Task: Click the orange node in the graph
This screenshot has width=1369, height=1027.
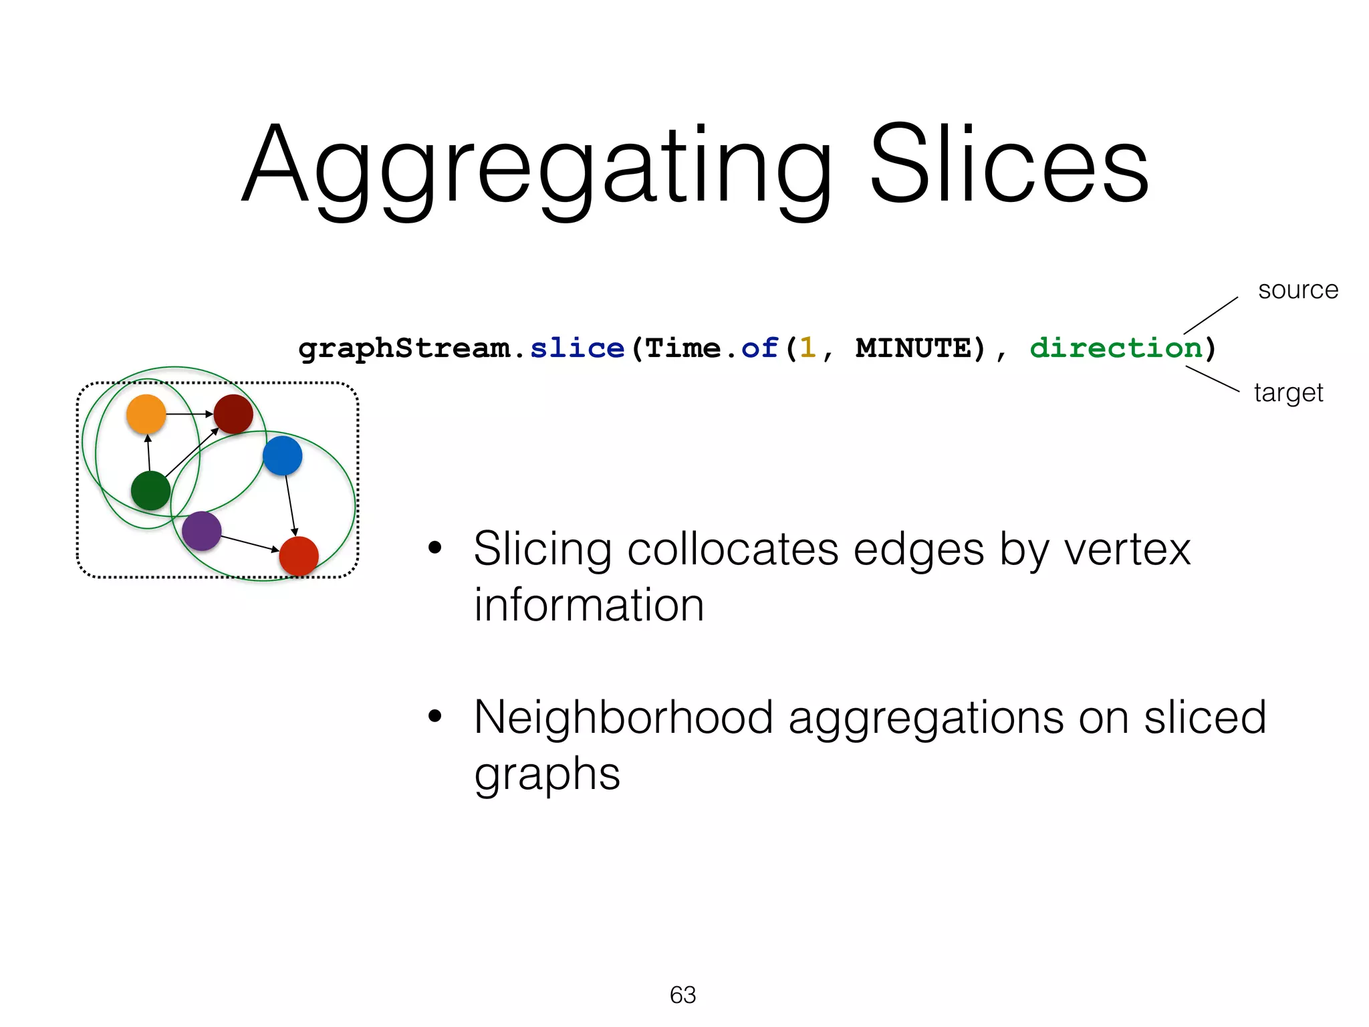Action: (x=146, y=414)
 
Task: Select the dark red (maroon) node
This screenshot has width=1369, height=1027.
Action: (x=233, y=414)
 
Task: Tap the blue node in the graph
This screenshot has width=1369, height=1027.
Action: (x=283, y=455)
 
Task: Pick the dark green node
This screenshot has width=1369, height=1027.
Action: (x=150, y=490)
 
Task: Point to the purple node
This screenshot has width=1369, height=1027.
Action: (x=201, y=531)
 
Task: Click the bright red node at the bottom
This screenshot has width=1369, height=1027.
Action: (x=299, y=556)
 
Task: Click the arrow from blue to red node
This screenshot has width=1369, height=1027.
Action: (x=290, y=505)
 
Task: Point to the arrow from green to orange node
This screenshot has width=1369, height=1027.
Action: (x=148, y=453)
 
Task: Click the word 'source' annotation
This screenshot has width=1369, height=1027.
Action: (x=1298, y=290)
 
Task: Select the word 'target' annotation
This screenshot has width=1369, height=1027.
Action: (x=1288, y=393)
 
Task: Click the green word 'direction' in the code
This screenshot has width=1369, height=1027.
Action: (x=1116, y=348)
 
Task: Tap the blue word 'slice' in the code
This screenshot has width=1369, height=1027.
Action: (x=577, y=348)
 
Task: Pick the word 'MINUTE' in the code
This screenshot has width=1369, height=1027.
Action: (x=913, y=348)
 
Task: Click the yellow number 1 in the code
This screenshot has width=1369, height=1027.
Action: (x=807, y=348)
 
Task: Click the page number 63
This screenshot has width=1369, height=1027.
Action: (x=682, y=995)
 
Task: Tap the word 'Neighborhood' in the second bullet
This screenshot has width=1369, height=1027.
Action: (x=623, y=717)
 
